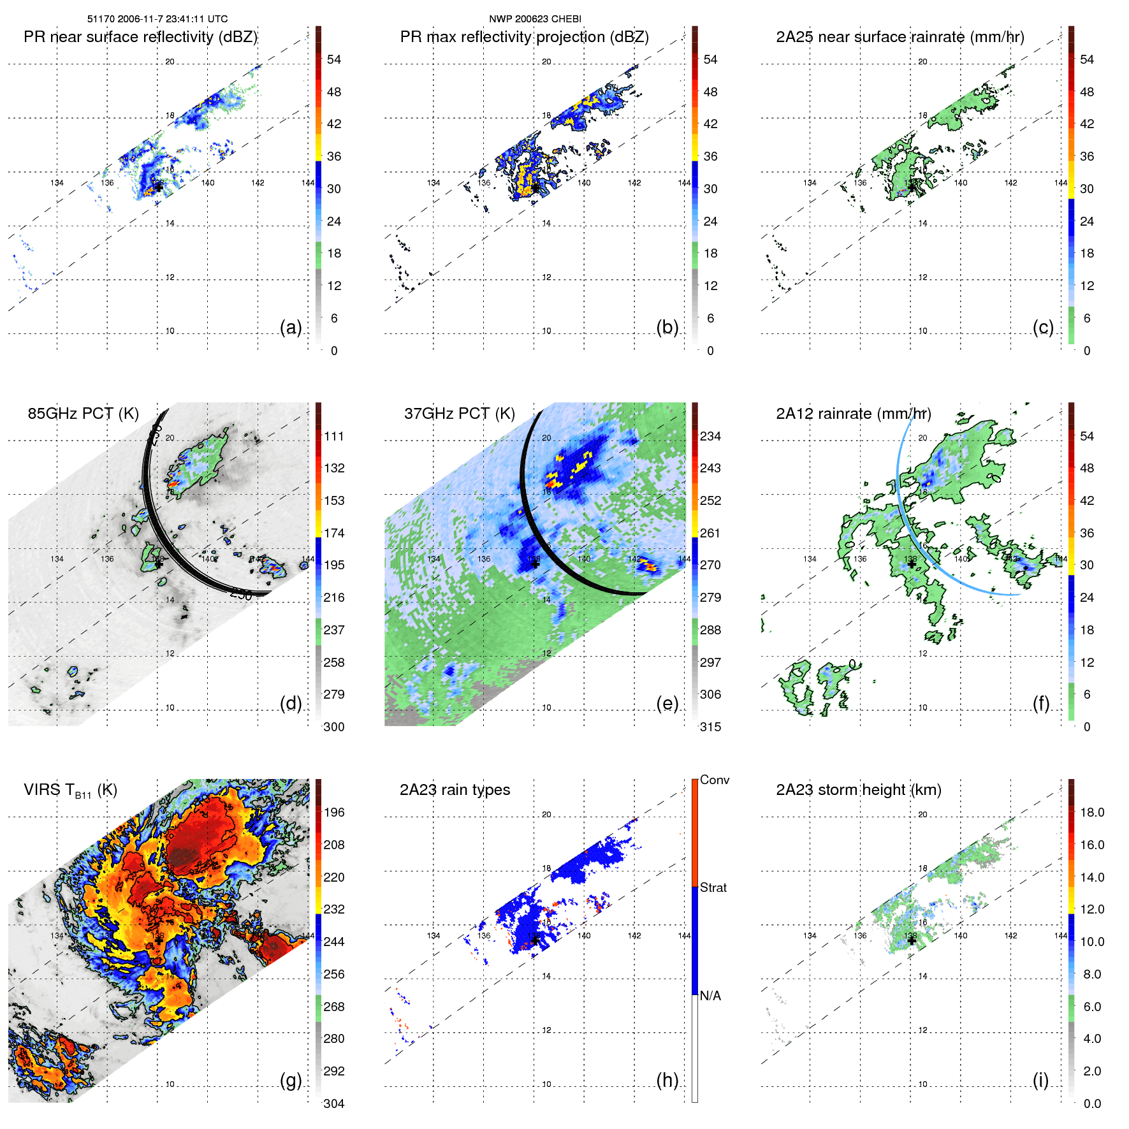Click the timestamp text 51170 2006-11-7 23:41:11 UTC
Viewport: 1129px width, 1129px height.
(x=157, y=19)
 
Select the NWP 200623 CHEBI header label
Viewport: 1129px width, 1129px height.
(x=535, y=19)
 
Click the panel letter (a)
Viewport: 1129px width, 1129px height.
(x=291, y=327)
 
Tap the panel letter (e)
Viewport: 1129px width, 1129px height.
(x=667, y=703)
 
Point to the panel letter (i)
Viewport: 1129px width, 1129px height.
(x=1040, y=1080)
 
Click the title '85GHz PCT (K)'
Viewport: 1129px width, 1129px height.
(x=83, y=414)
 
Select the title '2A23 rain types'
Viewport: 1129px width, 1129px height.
(x=455, y=790)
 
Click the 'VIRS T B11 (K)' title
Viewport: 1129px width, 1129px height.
(x=70, y=790)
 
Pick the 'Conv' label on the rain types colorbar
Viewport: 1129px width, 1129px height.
(x=714, y=780)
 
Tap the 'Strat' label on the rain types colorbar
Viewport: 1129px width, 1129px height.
(x=713, y=887)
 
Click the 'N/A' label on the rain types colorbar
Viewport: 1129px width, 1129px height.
(x=710, y=996)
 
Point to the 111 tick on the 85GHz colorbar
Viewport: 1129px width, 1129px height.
(x=334, y=437)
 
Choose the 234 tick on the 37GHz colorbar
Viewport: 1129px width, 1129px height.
(x=710, y=437)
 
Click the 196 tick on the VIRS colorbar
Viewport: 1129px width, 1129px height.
(x=334, y=813)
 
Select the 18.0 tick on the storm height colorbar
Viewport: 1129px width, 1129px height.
(x=1092, y=813)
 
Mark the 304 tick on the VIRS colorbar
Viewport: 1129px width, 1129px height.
(x=334, y=1104)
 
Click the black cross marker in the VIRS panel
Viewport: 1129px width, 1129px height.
(x=158, y=940)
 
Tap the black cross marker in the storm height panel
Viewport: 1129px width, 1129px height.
(x=912, y=940)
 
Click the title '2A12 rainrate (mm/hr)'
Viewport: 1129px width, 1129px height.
(x=853, y=414)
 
